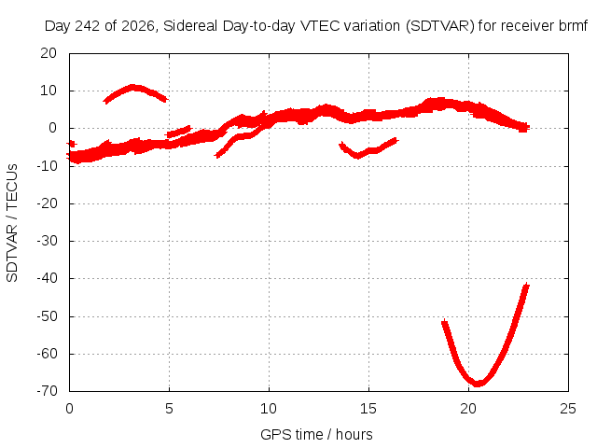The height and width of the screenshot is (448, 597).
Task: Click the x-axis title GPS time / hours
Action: [316, 434]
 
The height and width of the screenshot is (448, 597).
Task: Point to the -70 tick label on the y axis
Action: [47, 391]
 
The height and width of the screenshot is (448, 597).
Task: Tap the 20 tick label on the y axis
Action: [49, 53]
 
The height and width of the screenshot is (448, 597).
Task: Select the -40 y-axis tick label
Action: [47, 278]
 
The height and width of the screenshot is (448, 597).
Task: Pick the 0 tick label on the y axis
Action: [53, 128]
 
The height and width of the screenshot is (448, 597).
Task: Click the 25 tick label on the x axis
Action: [568, 409]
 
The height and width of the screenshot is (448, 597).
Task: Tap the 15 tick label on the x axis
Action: [368, 409]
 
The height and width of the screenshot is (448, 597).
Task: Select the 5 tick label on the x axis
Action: [169, 409]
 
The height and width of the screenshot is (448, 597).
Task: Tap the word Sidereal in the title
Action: [190, 26]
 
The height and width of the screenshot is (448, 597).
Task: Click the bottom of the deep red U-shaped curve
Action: [478, 383]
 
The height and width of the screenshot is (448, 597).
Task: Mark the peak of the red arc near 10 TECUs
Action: [132, 88]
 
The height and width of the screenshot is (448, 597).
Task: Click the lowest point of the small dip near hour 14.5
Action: [357, 156]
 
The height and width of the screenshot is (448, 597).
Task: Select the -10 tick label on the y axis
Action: [47, 166]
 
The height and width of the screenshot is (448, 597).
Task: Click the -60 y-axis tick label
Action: [47, 354]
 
